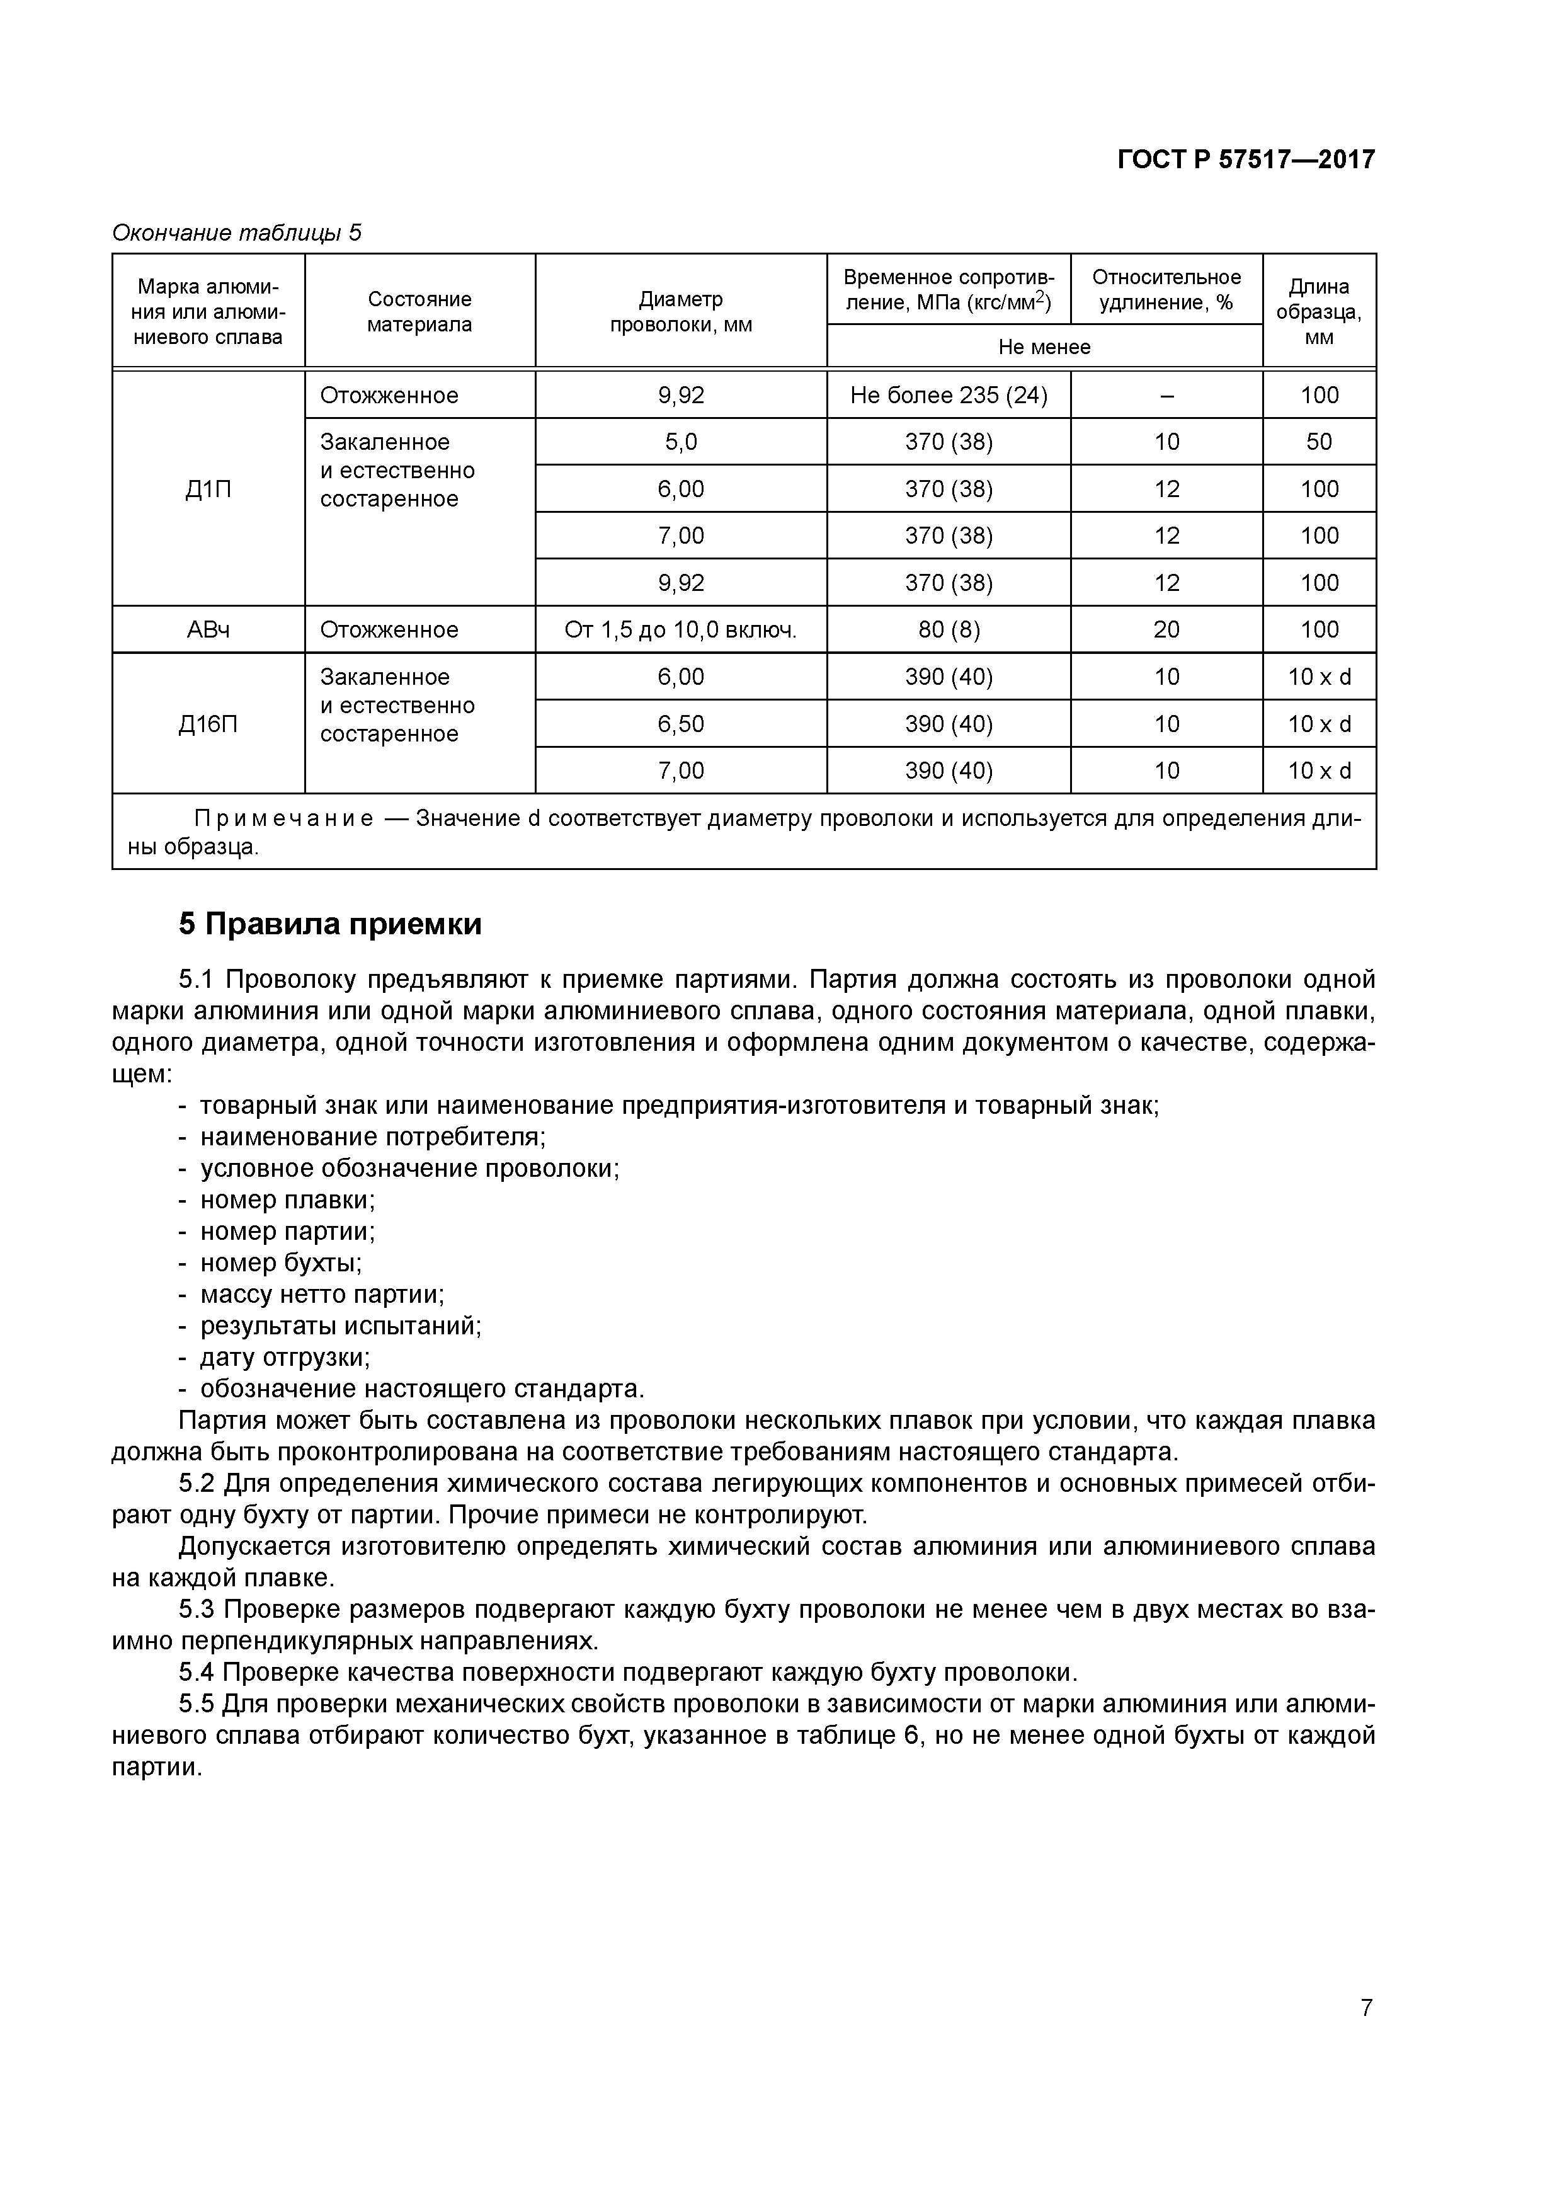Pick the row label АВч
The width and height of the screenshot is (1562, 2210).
208,629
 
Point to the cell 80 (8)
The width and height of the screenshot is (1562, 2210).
948,629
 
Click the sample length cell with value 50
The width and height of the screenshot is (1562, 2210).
1318,442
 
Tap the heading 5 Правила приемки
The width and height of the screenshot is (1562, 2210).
330,924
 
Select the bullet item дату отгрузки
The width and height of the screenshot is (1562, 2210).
284,1356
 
